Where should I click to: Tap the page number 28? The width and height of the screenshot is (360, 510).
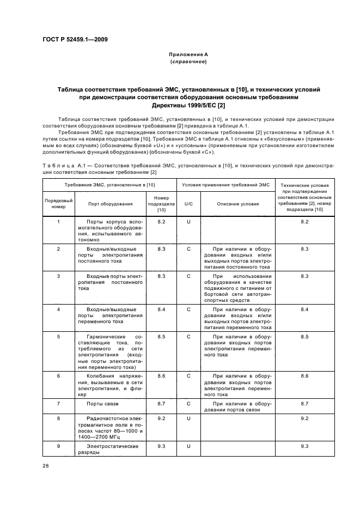[45, 465]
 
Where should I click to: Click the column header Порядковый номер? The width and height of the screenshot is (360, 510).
[58, 204]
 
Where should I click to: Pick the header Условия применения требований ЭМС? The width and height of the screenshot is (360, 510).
[225, 185]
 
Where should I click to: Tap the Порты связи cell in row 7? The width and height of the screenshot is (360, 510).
[102, 404]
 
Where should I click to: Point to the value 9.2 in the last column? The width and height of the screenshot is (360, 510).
[304, 418]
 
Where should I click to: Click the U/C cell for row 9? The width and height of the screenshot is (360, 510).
[189, 446]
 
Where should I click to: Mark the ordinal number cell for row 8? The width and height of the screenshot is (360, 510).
[58, 418]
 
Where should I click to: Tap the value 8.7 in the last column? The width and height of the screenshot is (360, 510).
[304, 404]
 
